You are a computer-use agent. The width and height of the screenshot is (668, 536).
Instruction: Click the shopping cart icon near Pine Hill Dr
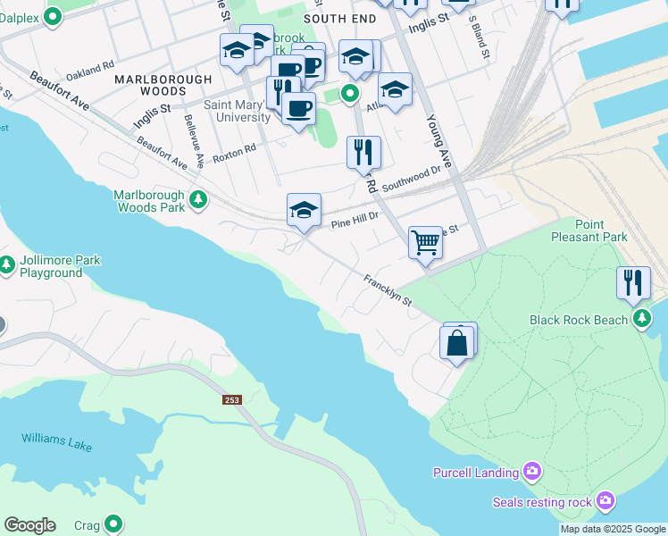tap(426, 241)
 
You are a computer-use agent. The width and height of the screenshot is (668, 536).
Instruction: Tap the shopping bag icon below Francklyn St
tap(457, 342)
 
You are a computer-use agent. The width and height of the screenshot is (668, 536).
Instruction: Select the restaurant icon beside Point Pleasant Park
tap(633, 282)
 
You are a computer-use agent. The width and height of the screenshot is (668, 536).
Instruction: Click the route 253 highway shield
tap(233, 399)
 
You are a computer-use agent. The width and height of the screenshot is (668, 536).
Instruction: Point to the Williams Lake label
tap(58, 441)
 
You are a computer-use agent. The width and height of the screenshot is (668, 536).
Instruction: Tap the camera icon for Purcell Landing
tap(532, 471)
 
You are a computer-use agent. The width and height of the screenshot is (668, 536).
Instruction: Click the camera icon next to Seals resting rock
tap(605, 500)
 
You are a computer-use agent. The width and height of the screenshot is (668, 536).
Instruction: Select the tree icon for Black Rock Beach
tap(641, 318)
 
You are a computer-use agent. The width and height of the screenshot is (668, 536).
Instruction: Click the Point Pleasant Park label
tap(602, 230)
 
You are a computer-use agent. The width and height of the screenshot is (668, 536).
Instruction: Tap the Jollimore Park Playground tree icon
tap(7, 265)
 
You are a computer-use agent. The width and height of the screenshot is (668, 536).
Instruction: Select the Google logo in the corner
tap(29, 525)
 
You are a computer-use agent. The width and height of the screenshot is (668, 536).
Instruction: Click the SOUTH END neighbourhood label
tap(336, 18)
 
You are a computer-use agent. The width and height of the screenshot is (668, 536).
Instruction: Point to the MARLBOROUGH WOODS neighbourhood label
tap(163, 85)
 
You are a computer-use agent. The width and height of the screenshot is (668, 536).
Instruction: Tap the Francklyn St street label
tap(388, 291)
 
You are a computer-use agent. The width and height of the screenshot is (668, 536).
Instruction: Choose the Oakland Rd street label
tap(90, 66)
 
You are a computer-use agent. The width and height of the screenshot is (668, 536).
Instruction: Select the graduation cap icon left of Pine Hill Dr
tap(304, 210)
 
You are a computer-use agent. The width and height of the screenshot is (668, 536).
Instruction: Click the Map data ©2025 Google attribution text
tap(612, 529)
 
